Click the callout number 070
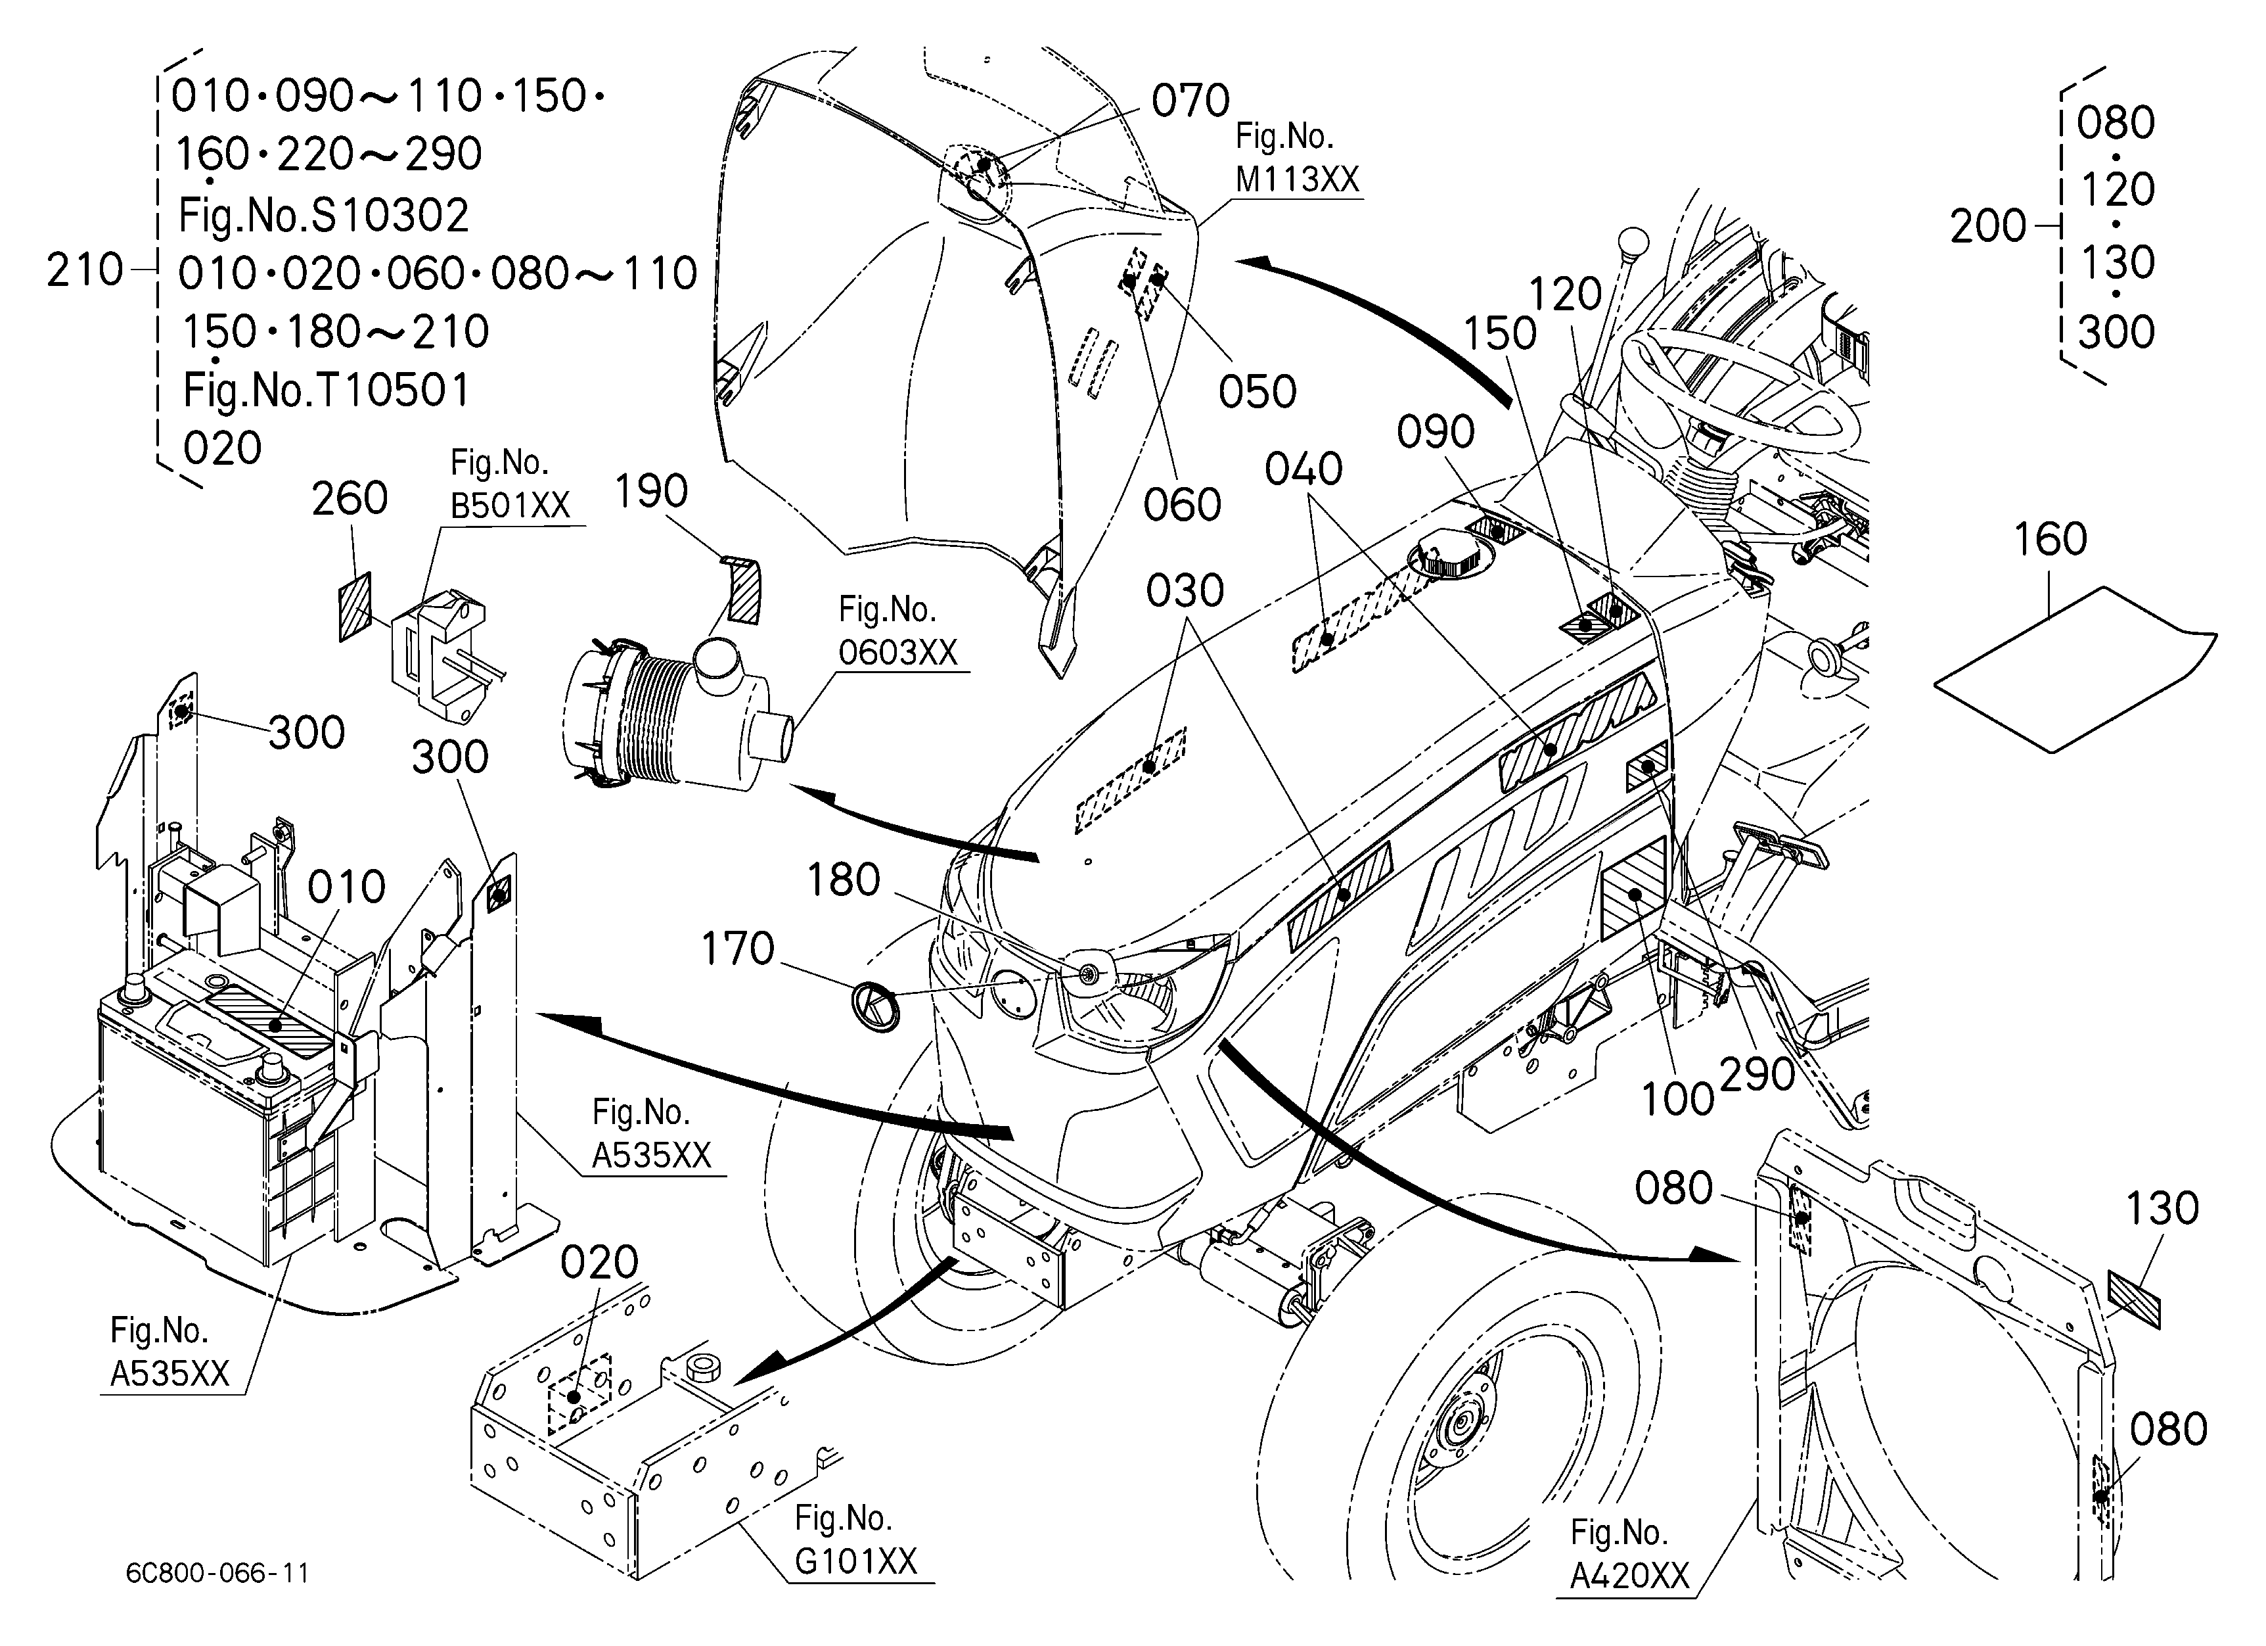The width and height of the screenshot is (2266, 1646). (x=1190, y=101)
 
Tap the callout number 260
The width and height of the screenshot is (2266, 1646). (x=350, y=498)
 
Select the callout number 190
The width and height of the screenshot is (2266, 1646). (x=650, y=490)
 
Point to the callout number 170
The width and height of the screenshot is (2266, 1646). (x=737, y=949)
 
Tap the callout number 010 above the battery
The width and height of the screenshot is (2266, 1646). (x=346, y=887)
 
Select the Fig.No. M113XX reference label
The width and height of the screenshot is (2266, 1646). (x=1297, y=158)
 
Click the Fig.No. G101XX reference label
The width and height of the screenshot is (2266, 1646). (x=855, y=1540)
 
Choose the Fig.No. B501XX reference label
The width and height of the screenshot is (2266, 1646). (x=510, y=484)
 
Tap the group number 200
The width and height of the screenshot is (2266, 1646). (x=1988, y=227)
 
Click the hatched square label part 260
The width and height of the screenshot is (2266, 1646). (x=355, y=607)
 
